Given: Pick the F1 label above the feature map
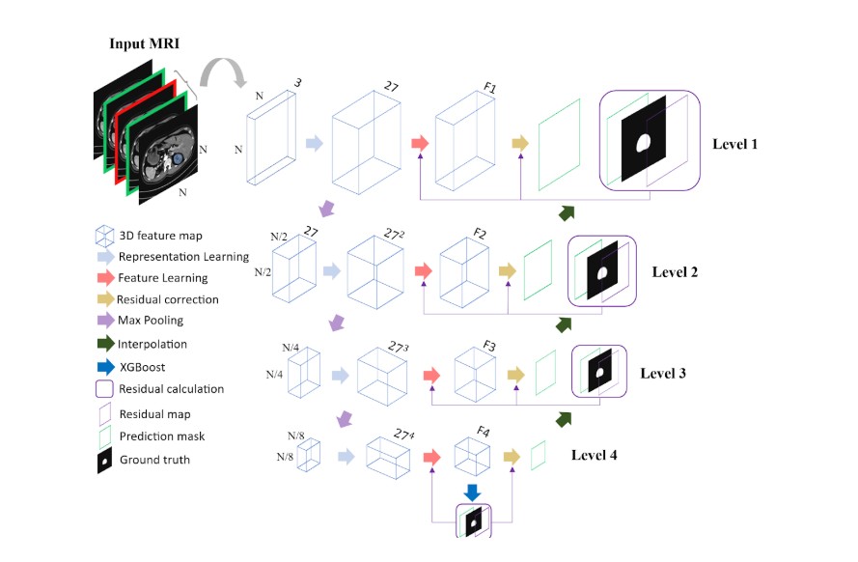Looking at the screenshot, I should click(x=490, y=89).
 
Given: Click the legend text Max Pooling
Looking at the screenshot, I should click(x=152, y=320).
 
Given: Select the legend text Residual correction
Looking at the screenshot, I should click(x=168, y=299).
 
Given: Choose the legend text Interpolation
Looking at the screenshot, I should click(x=153, y=344).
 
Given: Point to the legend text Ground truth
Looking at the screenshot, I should click(x=154, y=460).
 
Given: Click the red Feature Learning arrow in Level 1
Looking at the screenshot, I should click(x=419, y=143).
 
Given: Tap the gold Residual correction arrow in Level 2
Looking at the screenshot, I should click(x=508, y=271).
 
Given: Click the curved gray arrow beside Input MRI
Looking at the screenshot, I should click(x=218, y=75).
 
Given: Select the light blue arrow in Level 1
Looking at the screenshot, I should click(x=314, y=144).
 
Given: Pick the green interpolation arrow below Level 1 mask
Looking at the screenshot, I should click(x=566, y=212).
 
